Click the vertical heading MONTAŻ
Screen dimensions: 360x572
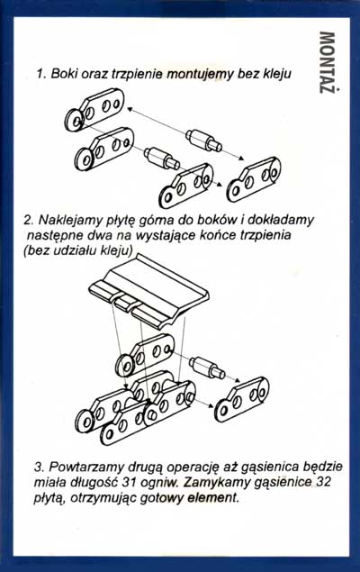coord(328,62)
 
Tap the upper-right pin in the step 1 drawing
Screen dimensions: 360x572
coord(203,141)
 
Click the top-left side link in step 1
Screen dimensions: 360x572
coord(94,109)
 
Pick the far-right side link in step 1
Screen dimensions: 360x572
coord(254,180)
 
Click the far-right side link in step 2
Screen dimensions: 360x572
coord(242,399)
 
